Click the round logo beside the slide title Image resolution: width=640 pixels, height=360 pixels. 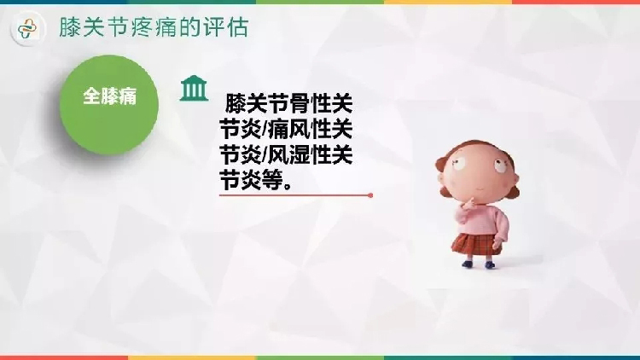28,28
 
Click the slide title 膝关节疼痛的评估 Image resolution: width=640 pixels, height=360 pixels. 154,28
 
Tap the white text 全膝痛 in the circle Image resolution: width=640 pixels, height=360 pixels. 109,96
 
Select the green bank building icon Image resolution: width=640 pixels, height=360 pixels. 194,88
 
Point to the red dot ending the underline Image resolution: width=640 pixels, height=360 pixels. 370,195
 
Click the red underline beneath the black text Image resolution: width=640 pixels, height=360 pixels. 296,195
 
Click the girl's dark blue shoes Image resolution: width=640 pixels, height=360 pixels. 479,264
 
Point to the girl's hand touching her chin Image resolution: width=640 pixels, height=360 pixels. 469,203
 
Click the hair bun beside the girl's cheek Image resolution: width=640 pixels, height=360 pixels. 514,190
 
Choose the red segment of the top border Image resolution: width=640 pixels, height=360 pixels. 576,2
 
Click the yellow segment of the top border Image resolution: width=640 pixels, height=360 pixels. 448,2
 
